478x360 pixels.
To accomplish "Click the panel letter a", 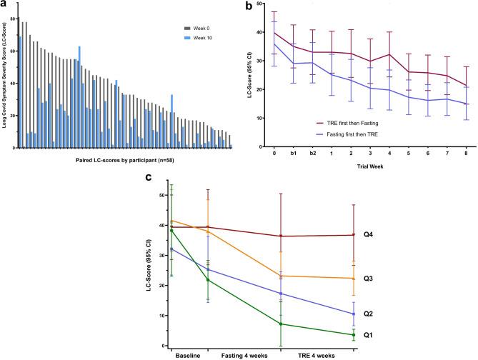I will pos(4,5).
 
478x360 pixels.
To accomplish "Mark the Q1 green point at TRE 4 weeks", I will pos(280,324).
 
